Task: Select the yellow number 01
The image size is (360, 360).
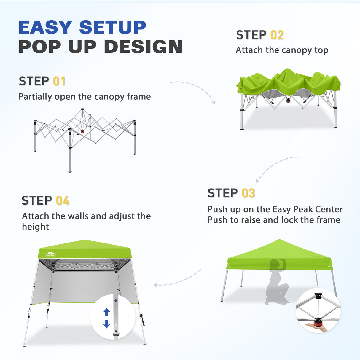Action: (x=59, y=81)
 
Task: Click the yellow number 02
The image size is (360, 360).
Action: (x=277, y=35)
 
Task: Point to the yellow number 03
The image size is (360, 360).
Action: (x=248, y=193)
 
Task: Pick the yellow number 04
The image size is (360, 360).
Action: (x=63, y=201)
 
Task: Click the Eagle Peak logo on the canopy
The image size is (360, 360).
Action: (x=50, y=254)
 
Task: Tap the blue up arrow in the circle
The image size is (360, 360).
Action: (x=107, y=312)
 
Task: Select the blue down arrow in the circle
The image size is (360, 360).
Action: (x=107, y=324)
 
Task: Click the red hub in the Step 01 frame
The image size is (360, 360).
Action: (x=82, y=131)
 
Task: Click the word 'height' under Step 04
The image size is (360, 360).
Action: (x=35, y=227)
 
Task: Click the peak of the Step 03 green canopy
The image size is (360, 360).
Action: (x=279, y=240)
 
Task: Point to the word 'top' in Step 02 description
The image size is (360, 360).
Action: (x=321, y=50)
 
